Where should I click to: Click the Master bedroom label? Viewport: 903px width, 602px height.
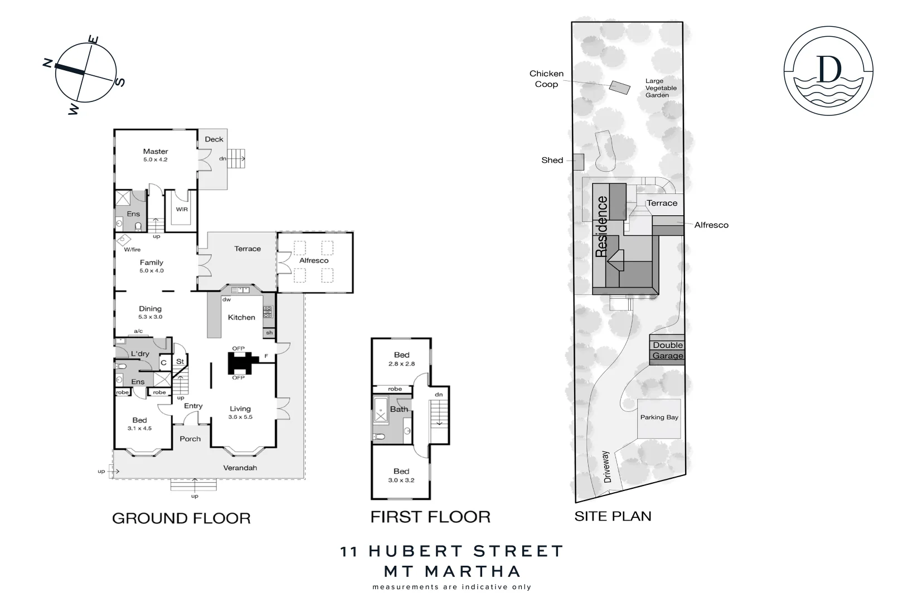click(156, 152)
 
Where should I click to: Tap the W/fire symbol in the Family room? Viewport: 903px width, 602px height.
click(123, 239)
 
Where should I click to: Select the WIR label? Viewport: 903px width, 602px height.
click(182, 210)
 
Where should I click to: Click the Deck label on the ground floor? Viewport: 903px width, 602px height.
click(214, 139)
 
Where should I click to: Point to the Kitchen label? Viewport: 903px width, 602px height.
click(241, 317)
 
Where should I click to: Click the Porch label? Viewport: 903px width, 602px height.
click(190, 439)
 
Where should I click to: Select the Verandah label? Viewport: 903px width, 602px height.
click(240, 468)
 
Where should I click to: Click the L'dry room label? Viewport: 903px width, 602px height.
click(140, 353)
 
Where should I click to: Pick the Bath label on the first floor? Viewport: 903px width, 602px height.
click(399, 409)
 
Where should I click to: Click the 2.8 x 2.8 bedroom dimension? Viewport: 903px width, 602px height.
click(401, 364)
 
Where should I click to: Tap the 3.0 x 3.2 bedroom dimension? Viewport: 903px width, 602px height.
click(401, 480)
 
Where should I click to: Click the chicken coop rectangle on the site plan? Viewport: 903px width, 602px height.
click(619, 87)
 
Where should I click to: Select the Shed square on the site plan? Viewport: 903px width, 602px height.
click(579, 162)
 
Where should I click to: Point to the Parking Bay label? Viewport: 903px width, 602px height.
click(659, 417)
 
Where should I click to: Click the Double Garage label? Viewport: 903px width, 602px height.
click(668, 351)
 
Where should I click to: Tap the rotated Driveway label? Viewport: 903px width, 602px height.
click(608, 467)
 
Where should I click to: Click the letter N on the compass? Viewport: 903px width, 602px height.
click(48, 62)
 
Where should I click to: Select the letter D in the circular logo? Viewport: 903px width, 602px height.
click(829, 69)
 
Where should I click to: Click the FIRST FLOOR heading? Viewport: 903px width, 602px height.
click(430, 517)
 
